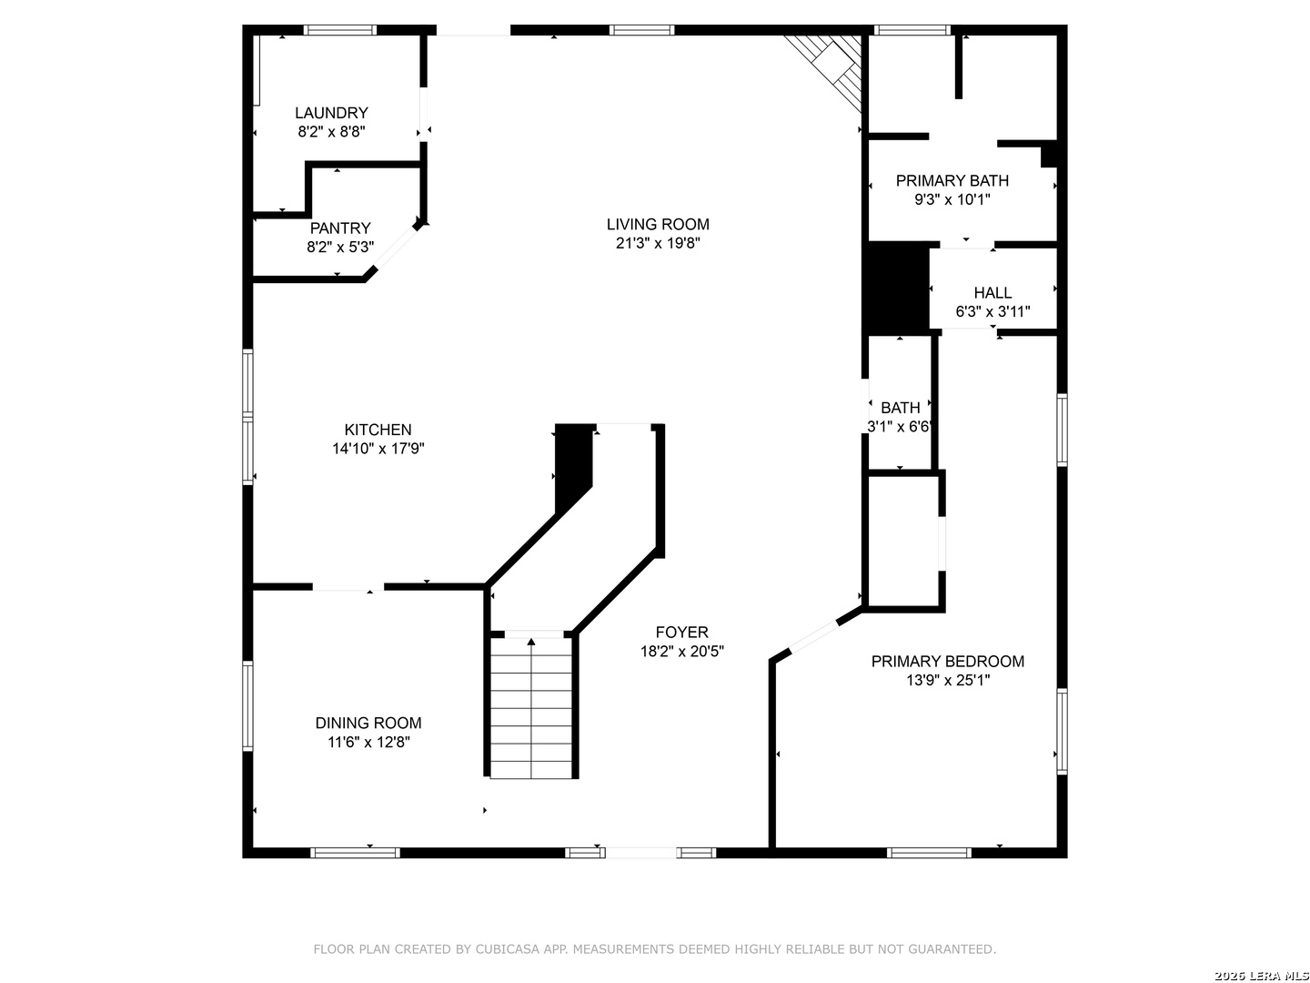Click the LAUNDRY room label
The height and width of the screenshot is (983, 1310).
tap(331, 113)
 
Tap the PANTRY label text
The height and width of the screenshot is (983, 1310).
tap(340, 228)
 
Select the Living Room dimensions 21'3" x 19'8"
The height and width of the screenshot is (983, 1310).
tap(658, 243)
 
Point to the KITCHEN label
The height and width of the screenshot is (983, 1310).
tap(378, 430)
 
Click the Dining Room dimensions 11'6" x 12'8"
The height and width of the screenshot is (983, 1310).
tap(368, 742)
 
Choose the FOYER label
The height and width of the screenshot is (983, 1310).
tap(681, 632)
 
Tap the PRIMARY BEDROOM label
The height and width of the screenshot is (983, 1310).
tap(948, 662)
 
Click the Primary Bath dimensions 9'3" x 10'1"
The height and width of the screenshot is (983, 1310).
tap(952, 199)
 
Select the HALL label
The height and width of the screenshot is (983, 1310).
tap(993, 292)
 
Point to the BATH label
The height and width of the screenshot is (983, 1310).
tap(900, 408)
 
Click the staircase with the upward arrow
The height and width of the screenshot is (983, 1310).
tap(531, 707)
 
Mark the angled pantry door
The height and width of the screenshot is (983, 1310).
tap(395, 247)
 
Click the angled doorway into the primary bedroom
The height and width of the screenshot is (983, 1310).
tap(814, 637)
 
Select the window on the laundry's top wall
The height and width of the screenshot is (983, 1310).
tap(340, 30)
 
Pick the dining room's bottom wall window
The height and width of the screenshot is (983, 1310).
tap(355, 853)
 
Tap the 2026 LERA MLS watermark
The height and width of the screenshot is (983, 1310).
tap(1261, 976)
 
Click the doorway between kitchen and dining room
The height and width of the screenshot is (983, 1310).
tap(348, 587)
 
